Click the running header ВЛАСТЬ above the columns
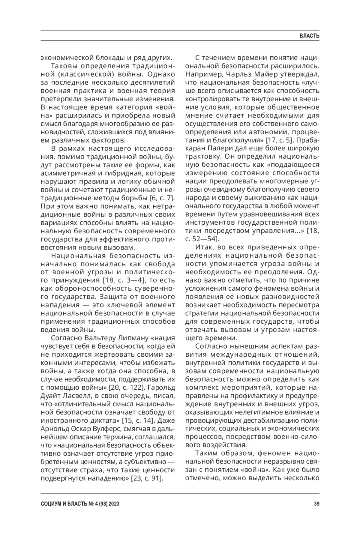(310, 36)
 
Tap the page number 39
(316, 504)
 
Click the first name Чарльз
(240, 73)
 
